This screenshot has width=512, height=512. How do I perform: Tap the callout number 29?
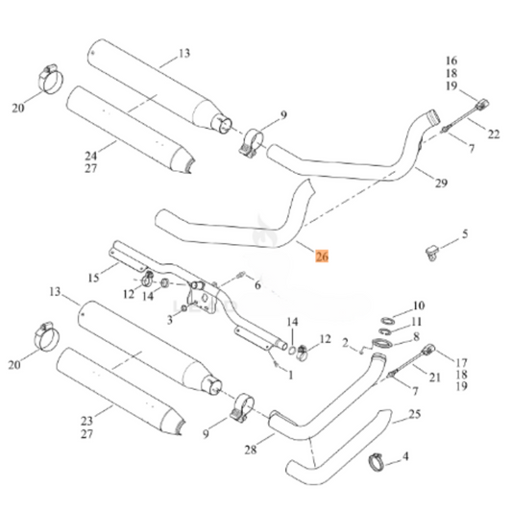440,183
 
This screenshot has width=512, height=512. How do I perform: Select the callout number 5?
465,233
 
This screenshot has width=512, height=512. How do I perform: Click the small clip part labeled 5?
434,253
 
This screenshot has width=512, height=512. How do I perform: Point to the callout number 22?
493,134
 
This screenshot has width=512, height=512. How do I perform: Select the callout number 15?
93,278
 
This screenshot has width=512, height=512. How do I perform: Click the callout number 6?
256,285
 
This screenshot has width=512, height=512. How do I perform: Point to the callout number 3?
170,318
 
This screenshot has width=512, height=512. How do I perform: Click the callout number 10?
417,305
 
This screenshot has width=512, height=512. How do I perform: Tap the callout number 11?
417,321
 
